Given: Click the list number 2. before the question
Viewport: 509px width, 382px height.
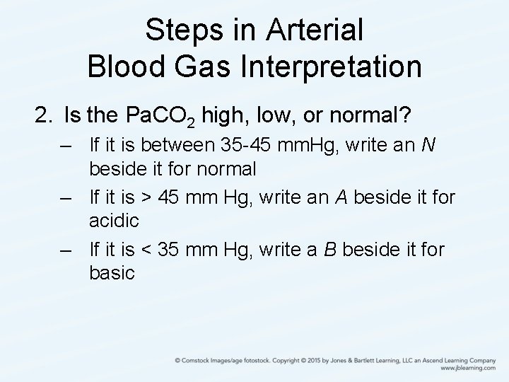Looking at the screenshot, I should (x=45, y=114).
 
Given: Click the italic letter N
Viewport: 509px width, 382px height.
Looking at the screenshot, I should (x=428, y=146).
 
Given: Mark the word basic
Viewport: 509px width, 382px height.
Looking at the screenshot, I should (x=112, y=272).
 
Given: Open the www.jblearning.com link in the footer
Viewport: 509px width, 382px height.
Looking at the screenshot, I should (x=467, y=369).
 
